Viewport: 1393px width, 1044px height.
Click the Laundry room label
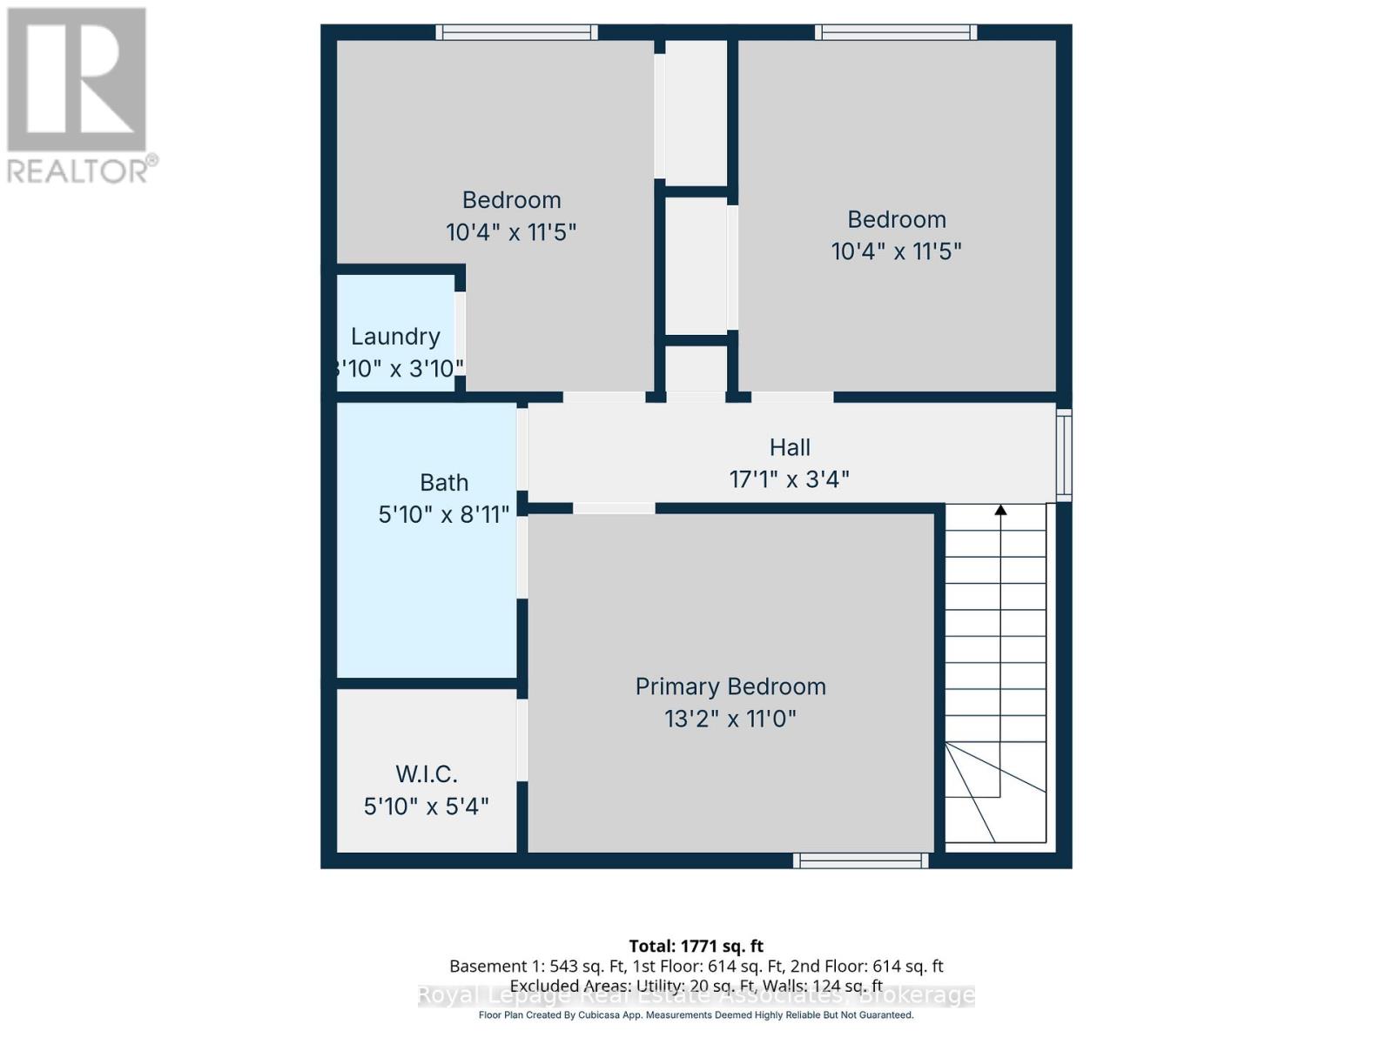click(x=395, y=337)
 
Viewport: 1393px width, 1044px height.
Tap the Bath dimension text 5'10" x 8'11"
click(x=443, y=515)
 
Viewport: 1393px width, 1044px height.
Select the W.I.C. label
click(x=426, y=773)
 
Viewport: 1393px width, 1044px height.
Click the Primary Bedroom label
click(x=730, y=686)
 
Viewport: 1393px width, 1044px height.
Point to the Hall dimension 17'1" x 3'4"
click(x=789, y=479)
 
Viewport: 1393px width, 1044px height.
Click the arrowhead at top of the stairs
click(x=1000, y=511)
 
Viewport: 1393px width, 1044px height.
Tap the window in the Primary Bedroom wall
click(x=860, y=860)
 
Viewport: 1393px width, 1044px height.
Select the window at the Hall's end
click(x=1064, y=454)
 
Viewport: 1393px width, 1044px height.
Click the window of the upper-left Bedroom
click(x=516, y=32)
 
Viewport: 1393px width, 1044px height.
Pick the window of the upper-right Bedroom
click(x=896, y=32)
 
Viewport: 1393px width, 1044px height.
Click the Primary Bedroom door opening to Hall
click(x=614, y=508)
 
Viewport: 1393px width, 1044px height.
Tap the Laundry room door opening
click(x=460, y=333)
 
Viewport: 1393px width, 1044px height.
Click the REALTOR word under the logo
click(x=78, y=171)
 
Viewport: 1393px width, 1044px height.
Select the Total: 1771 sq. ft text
click(x=696, y=946)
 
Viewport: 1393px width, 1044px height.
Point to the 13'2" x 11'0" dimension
click(x=730, y=719)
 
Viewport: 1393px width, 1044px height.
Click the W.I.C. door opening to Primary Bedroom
click(x=522, y=739)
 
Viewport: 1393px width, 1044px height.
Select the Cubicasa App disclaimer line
click(x=696, y=1015)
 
